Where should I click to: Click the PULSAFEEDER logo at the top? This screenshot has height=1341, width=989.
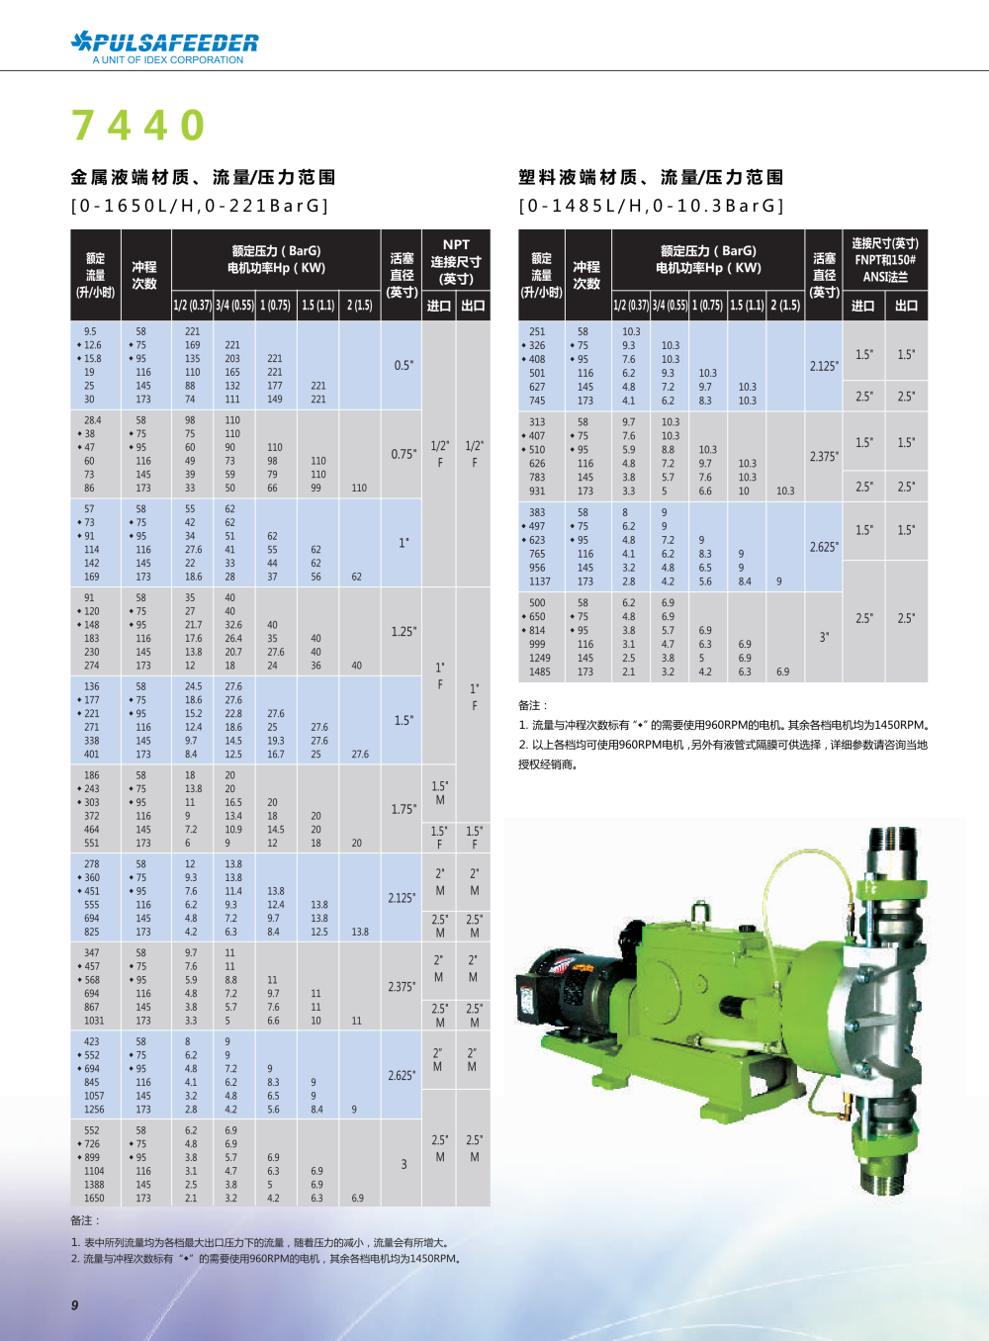[164, 42]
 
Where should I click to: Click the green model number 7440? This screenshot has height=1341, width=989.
[138, 126]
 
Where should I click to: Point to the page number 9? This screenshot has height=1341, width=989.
[74, 1305]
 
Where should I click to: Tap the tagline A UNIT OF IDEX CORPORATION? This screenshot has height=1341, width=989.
[168, 60]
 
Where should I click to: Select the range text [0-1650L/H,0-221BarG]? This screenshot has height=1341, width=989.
[200, 206]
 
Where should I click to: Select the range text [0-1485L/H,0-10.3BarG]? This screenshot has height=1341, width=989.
[652, 206]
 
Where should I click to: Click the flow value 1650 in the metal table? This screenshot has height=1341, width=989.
[94, 1198]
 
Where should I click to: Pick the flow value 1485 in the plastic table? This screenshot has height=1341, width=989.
[539, 671]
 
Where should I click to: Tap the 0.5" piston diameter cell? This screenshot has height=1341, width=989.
[404, 365]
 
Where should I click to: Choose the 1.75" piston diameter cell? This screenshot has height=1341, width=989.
[404, 809]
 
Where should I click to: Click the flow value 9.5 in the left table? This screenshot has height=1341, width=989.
[90, 331]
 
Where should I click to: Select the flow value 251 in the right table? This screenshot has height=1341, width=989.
[537, 331]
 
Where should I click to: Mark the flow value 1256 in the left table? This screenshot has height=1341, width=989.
[94, 1110]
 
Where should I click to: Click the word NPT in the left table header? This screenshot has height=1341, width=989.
[456, 244]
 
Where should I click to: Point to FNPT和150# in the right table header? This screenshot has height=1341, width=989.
[885, 260]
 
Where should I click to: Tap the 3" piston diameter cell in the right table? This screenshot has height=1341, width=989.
[824, 637]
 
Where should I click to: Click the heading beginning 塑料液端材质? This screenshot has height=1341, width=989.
[651, 177]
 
